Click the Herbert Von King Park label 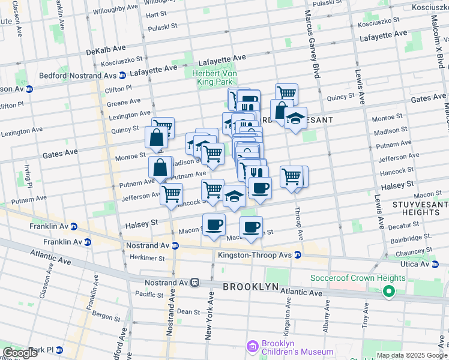point(215,77)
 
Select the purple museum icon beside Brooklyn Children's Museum point(252,347)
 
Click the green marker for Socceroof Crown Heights point(388,292)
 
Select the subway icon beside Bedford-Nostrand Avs point(122,76)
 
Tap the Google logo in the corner point(20,353)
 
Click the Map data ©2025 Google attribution point(411,355)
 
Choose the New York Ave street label point(209,319)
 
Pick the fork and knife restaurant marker point(257,172)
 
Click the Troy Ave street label point(364,317)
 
